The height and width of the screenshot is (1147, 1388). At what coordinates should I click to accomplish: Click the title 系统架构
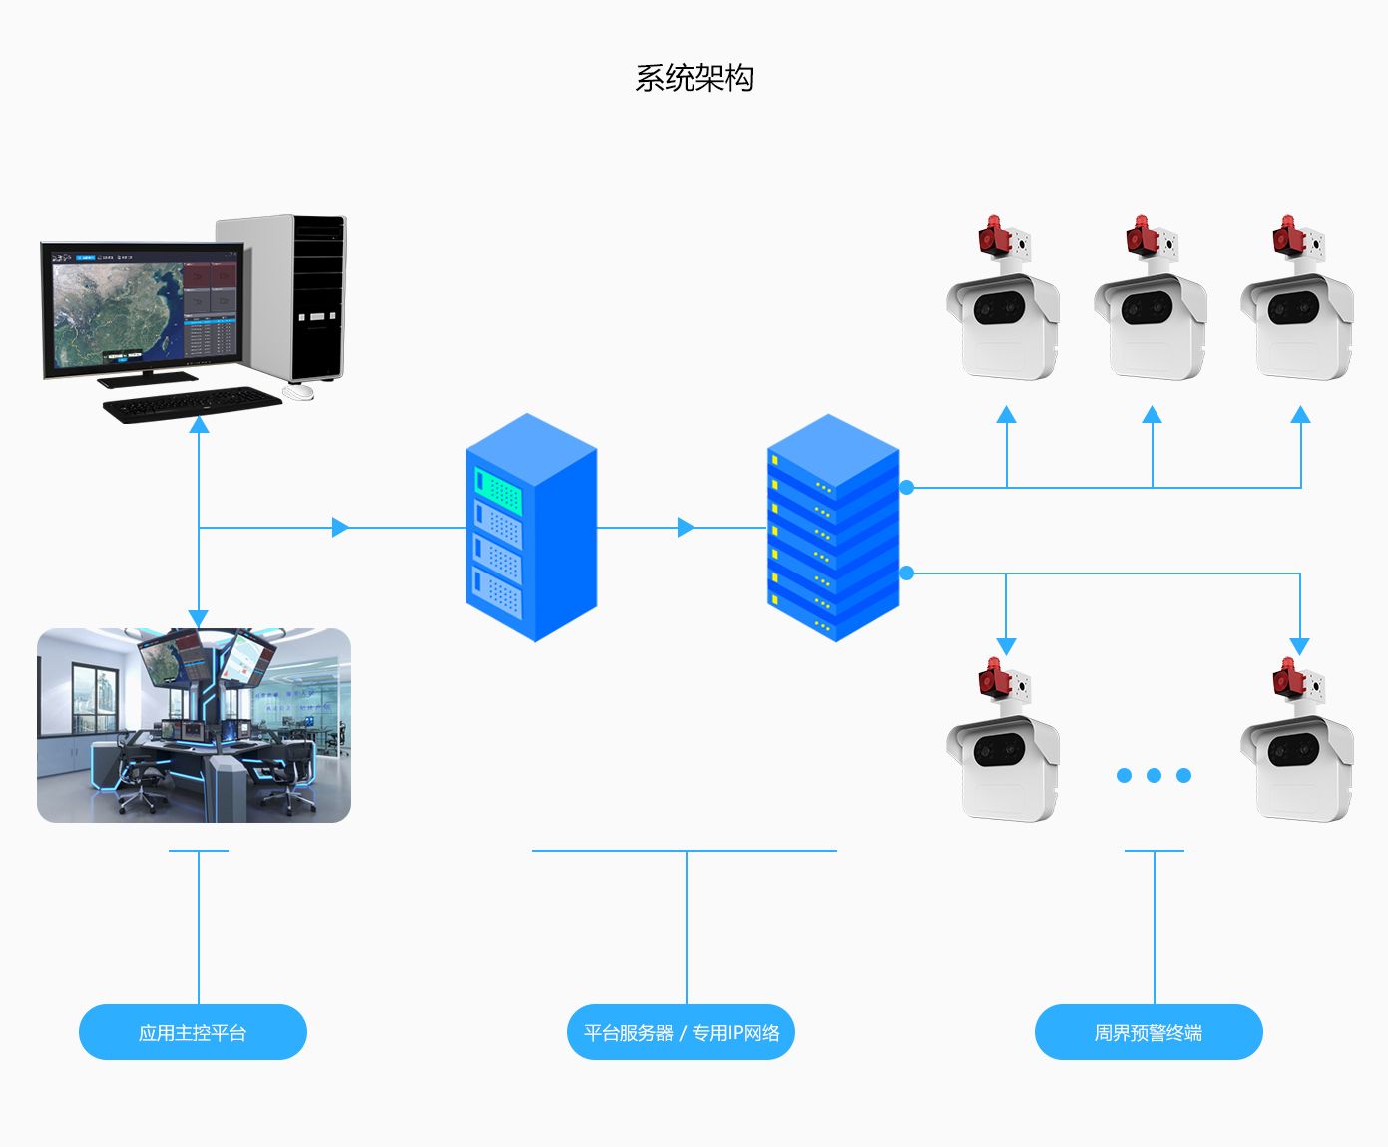tap(694, 78)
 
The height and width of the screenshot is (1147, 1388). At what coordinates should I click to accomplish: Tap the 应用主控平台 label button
tap(193, 1032)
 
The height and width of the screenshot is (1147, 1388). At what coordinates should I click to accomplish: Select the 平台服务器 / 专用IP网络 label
tap(682, 1032)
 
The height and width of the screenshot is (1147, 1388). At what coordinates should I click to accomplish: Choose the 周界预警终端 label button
tap(1149, 1032)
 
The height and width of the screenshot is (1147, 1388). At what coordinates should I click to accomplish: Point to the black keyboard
tap(192, 404)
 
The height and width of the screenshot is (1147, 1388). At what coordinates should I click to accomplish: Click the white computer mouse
tap(298, 392)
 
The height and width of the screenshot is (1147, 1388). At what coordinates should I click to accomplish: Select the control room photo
tap(195, 725)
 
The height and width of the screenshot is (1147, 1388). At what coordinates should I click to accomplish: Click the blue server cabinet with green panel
tap(531, 528)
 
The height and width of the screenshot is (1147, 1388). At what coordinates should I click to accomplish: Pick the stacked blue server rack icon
tap(833, 528)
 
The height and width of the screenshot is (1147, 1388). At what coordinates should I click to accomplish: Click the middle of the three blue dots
tap(1154, 775)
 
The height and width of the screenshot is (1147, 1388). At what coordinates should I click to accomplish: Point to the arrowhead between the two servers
tap(686, 528)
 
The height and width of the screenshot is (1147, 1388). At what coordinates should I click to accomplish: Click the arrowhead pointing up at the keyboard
tap(199, 425)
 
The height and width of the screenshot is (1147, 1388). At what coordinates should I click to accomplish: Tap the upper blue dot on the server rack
tap(906, 487)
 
